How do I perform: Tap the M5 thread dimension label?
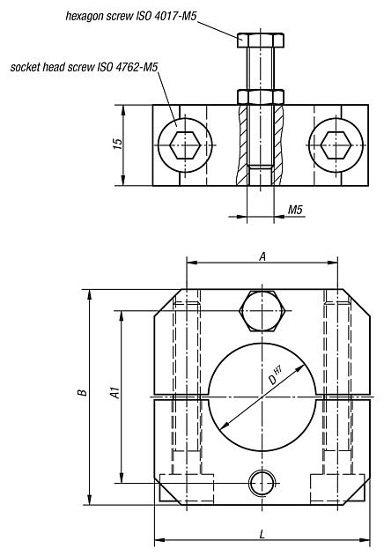(297, 211)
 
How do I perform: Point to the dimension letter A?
(262, 255)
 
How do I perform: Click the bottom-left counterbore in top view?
(187, 487)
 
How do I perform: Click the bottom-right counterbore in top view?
(336, 487)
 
